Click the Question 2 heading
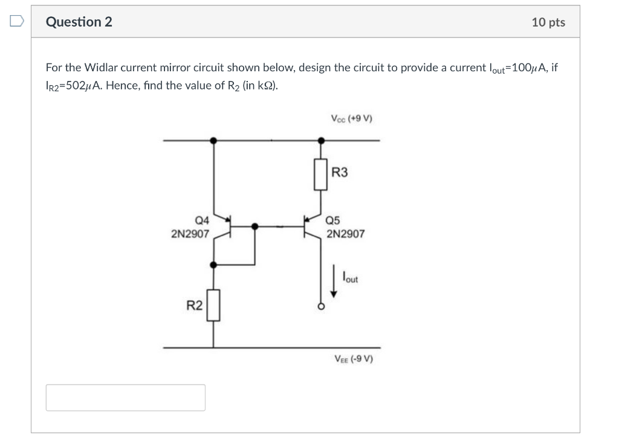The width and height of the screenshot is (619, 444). [79, 22]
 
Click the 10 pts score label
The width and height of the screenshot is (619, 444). [548, 22]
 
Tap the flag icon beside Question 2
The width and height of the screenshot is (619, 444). [17, 22]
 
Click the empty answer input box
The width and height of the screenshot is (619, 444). [125, 397]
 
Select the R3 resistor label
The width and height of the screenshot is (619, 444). [340, 173]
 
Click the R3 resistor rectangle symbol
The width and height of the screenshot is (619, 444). [321, 175]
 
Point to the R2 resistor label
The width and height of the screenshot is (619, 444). [194, 306]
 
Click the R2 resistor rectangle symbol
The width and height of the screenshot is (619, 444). [213, 306]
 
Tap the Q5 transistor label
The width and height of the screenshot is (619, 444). [334, 220]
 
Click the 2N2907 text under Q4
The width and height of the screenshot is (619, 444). [190, 233]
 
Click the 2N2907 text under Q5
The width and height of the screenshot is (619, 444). [345, 233]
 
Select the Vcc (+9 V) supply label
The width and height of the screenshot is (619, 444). [351, 118]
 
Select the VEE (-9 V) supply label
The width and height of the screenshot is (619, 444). [354, 358]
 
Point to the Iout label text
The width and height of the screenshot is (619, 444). [349, 278]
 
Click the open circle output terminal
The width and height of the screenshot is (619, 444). [321, 307]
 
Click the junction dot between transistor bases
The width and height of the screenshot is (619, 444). [255, 227]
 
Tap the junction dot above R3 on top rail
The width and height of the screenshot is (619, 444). [321, 140]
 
